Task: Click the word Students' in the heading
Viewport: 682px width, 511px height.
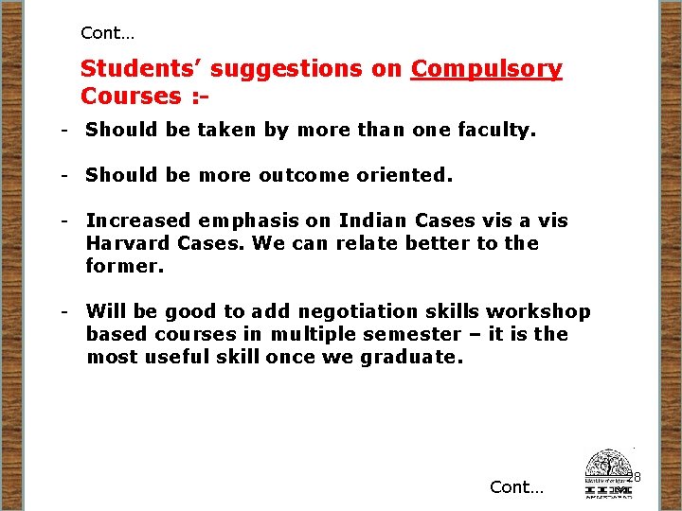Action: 141,69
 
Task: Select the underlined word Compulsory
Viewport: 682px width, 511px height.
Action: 487,69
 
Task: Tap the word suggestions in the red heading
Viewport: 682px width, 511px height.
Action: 306,69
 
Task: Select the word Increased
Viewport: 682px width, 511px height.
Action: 138,220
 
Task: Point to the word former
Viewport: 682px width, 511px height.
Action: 124,266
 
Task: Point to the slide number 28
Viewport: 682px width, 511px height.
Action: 635,477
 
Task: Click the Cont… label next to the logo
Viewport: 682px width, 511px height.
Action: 517,487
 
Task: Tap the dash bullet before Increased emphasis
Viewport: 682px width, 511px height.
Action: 63,220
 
